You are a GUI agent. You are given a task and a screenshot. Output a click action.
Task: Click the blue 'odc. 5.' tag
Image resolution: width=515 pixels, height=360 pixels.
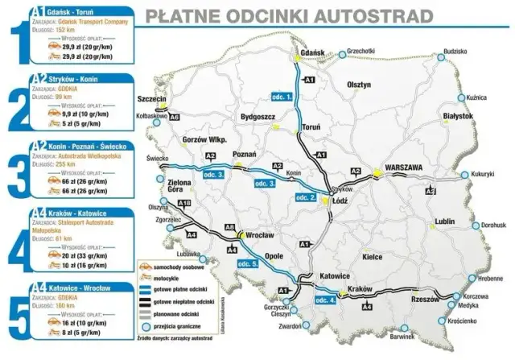(x=247, y=264)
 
